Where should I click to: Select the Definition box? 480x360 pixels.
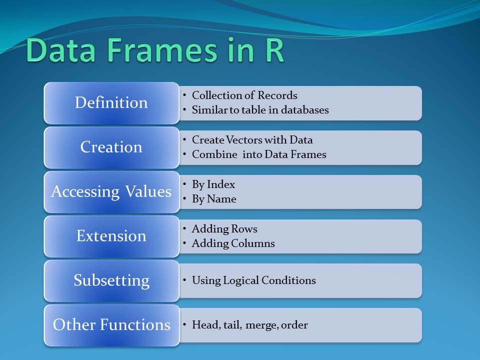[111, 103]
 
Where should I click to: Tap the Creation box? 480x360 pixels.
[111, 147]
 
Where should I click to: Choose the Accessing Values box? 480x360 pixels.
[111, 192]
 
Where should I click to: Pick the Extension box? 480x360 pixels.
[111, 236]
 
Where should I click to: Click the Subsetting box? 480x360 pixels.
[111, 280]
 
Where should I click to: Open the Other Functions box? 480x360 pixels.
[111, 325]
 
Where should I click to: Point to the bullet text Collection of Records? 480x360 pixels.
[244, 95]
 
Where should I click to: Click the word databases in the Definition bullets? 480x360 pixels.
[304, 110]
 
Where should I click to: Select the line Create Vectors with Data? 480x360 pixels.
[252, 140]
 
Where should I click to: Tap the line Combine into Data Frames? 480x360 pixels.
[259, 154]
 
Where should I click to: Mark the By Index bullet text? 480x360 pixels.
[213, 184]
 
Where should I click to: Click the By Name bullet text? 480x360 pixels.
[214, 199]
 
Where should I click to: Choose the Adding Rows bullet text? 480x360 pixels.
[224, 229]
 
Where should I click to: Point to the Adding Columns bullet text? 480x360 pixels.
[233, 243]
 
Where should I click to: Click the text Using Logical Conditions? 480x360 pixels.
[253, 280]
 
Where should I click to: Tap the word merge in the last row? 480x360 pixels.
[262, 325]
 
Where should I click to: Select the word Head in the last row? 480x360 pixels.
[204, 325]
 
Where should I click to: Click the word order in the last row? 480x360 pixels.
[294, 325]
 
